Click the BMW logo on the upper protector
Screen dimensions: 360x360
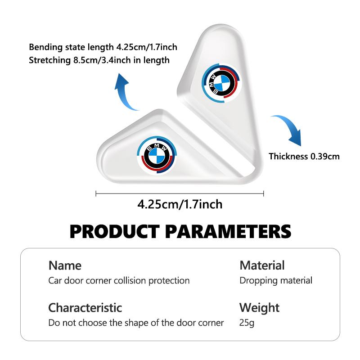coord(221,83)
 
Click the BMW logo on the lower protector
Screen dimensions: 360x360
coord(157,156)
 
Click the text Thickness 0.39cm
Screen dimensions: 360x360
coord(304,156)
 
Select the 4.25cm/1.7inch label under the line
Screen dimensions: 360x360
coord(180,204)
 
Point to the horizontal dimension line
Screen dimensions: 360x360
coord(180,193)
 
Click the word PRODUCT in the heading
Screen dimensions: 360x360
coord(115,231)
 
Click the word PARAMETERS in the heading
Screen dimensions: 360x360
coord(228,231)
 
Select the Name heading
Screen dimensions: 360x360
coord(65,265)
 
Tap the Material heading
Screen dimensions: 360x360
coord(262,265)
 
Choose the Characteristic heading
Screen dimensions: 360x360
coord(85,308)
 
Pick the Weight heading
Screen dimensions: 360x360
coord(259,308)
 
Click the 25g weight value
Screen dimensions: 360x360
coord(247,323)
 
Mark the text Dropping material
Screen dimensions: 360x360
coord(276,281)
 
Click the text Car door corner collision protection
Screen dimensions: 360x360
coord(119,281)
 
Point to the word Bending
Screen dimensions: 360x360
coord(46,47)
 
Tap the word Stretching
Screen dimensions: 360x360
coord(49,60)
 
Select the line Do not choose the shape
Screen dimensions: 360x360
coord(136,323)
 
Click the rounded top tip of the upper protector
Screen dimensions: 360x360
coord(221,25)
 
